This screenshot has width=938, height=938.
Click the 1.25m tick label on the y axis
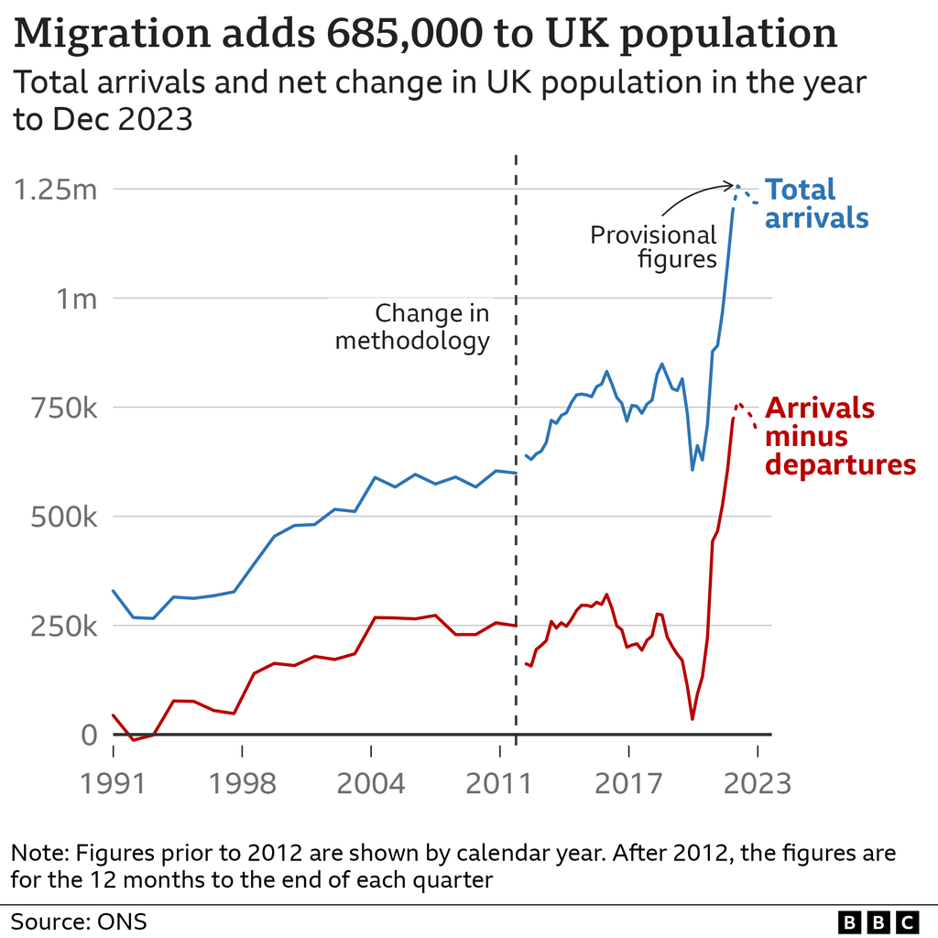53,191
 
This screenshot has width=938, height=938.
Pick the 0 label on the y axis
88,736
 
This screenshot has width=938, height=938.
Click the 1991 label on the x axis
114,784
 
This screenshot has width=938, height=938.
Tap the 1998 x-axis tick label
242,784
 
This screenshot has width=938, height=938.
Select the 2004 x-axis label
371,784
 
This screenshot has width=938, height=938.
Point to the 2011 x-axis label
499,784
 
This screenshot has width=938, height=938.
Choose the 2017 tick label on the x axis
628,784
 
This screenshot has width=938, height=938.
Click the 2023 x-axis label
758,784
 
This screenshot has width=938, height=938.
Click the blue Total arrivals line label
816,203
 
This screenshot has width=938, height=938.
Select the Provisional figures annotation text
653,247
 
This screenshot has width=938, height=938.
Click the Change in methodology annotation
413,328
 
